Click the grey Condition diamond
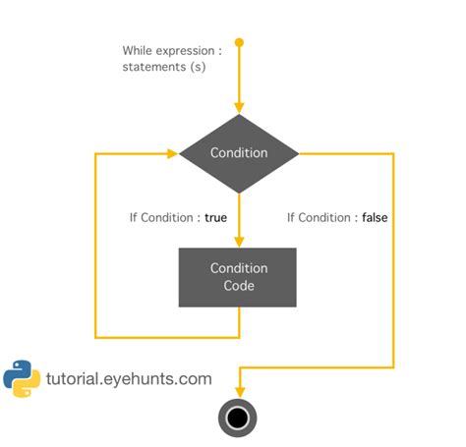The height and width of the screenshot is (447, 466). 238,153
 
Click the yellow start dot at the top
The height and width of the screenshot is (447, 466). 238,42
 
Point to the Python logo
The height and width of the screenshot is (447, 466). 22,378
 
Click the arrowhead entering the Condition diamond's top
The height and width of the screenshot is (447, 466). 238,109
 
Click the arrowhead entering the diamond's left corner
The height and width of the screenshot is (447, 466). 185,153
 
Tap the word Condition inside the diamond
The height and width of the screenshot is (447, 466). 238,153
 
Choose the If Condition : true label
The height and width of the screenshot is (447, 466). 178,217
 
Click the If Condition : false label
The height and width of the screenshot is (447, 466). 337,217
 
